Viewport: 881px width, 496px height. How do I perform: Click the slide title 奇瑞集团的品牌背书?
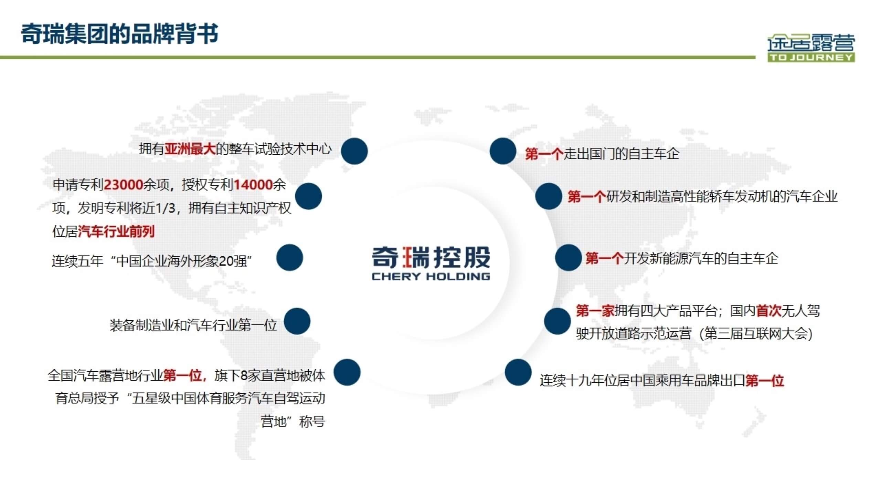point(119,34)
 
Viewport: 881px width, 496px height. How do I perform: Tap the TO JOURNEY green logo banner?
point(811,57)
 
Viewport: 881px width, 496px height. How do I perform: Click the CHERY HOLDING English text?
point(431,276)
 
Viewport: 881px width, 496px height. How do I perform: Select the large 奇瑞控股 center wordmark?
point(431,257)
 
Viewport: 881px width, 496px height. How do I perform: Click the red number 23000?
point(123,185)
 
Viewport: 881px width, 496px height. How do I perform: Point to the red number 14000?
point(253,185)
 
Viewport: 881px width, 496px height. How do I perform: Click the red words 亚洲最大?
point(190,149)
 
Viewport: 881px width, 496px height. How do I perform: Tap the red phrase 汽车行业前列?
point(116,231)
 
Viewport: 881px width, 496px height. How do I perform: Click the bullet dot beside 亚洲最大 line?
point(354,151)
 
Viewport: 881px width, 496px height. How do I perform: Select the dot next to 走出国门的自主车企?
point(503,151)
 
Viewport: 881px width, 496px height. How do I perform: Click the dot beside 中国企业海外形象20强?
point(289,258)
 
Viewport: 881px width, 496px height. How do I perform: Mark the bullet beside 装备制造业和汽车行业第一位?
point(297,321)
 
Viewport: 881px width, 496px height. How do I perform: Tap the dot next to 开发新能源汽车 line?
point(568,258)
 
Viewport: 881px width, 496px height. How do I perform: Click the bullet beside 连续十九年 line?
point(518,372)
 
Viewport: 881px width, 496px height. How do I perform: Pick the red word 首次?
point(768,311)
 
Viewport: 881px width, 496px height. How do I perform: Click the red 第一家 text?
point(595,311)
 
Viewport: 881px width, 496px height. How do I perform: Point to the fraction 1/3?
point(166,208)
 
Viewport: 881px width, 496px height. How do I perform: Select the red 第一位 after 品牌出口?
point(765,381)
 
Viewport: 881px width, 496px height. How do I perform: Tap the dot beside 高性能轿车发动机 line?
point(549,196)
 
